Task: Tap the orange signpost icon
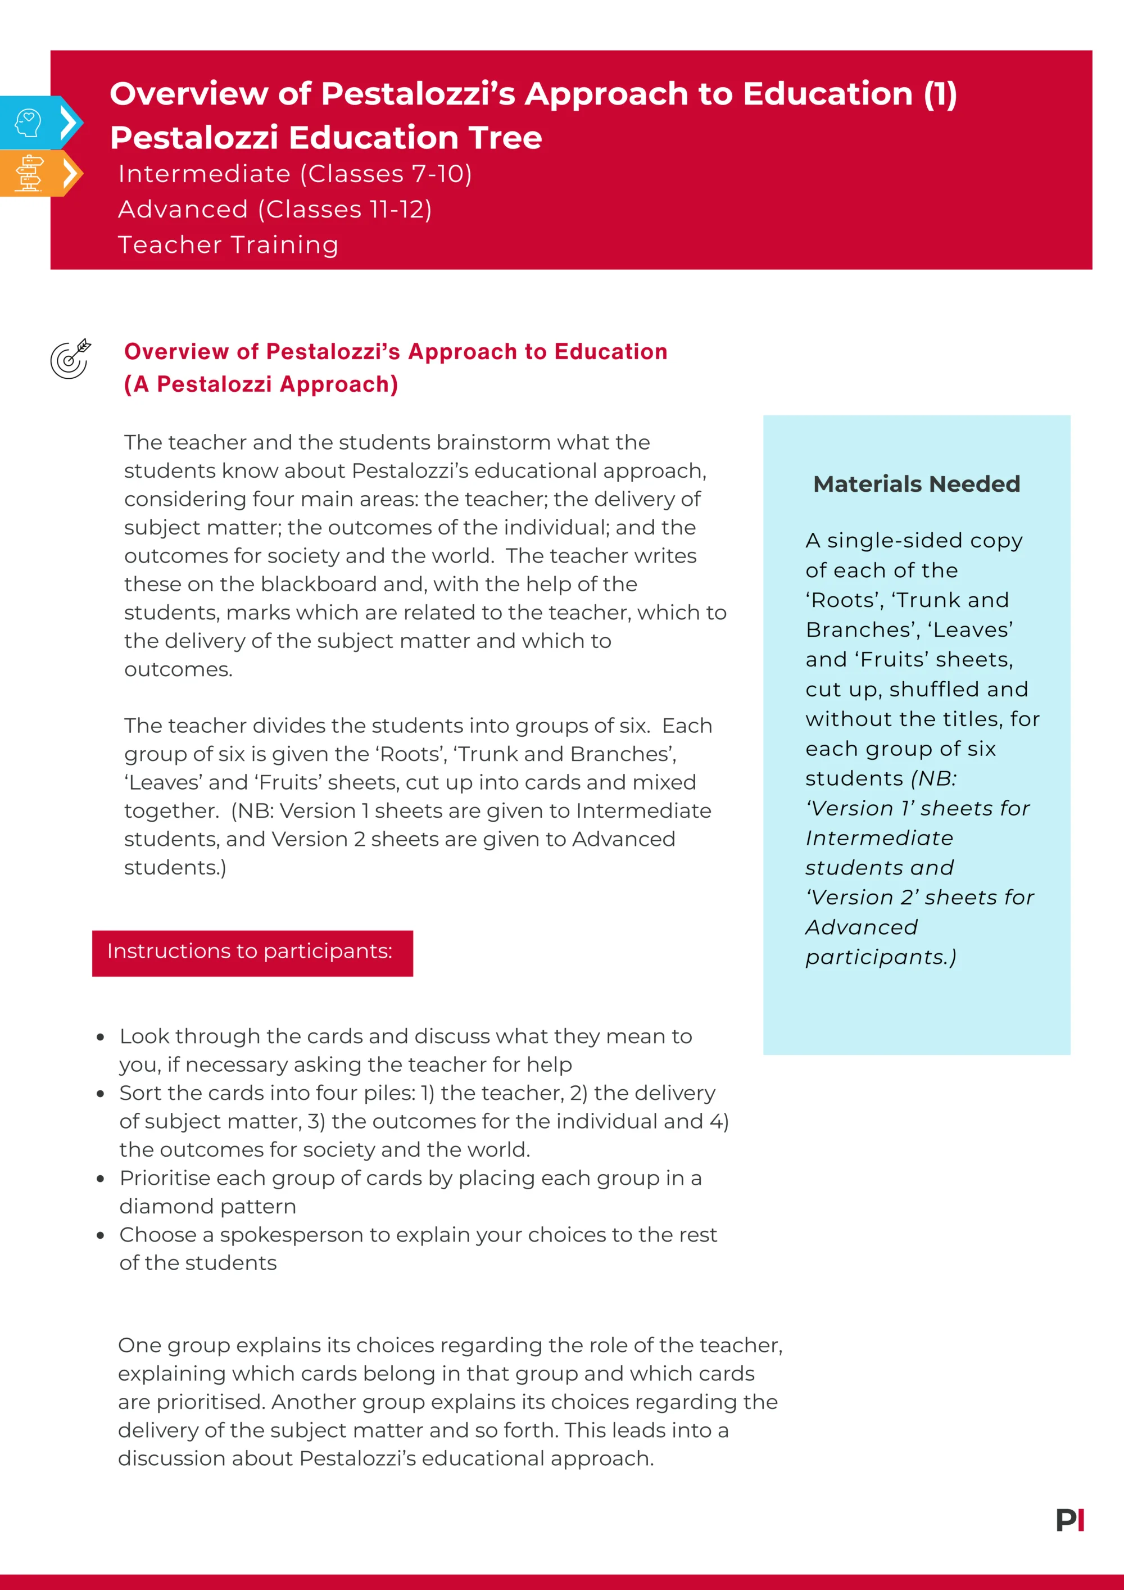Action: click(x=29, y=173)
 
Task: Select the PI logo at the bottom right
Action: click(x=1069, y=1520)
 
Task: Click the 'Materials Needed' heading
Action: click(x=916, y=483)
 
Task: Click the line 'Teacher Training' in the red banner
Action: click(x=228, y=244)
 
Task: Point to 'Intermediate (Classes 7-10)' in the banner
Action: click(x=295, y=174)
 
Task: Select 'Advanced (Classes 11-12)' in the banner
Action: click(x=275, y=209)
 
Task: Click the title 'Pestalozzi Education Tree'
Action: click(x=325, y=137)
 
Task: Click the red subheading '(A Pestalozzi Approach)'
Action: click(x=261, y=384)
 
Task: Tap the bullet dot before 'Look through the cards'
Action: click(x=101, y=1037)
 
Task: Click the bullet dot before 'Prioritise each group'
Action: click(x=101, y=1178)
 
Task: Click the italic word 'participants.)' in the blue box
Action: click(x=880, y=957)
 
